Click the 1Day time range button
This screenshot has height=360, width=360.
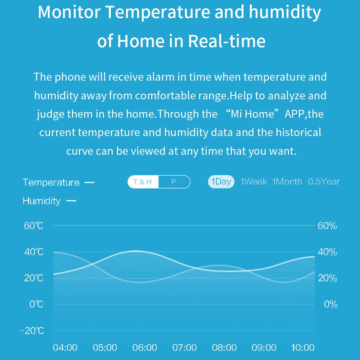(221, 181)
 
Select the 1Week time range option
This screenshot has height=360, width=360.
(253, 181)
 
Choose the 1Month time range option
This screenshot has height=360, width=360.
(287, 181)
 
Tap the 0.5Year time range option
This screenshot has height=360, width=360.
(324, 181)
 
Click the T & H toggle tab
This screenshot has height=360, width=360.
(143, 182)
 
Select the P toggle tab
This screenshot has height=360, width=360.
(174, 182)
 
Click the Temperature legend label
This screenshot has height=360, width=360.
(51, 183)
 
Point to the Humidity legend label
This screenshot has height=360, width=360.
(41, 201)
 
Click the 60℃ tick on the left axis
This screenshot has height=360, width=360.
(34, 226)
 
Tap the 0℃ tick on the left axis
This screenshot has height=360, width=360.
(36, 304)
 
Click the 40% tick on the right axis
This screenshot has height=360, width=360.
(327, 252)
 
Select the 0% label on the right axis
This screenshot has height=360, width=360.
(331, 304)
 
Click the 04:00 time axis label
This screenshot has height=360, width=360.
(65, 347)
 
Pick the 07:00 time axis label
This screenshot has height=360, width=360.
(184, 347)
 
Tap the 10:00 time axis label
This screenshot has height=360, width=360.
(302, 347)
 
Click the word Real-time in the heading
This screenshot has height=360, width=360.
(227, 41)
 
